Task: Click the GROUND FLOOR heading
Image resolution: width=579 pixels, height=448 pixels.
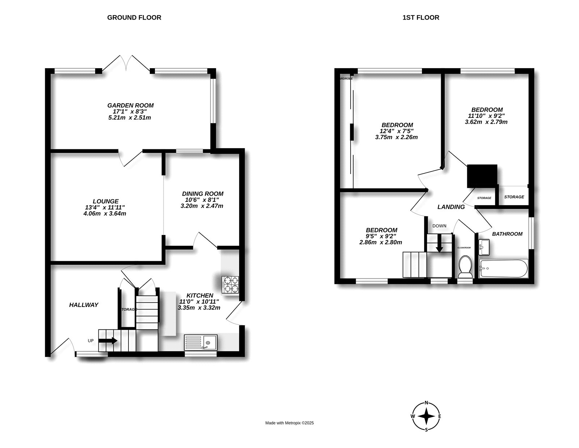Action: (134, 17)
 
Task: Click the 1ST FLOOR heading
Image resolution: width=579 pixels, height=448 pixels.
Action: (421, 17)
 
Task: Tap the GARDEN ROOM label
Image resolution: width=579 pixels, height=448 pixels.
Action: (130, 105)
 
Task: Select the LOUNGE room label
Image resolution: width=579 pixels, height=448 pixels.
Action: (106, 201)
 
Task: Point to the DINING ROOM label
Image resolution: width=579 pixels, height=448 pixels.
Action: (203, 194)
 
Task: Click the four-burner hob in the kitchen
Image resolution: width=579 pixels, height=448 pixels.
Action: (231, 284)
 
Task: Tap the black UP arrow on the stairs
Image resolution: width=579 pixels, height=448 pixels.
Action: (108, 341)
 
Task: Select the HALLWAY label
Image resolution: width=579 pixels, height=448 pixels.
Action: (84, 305)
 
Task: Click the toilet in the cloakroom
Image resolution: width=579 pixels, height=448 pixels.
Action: (465, 266)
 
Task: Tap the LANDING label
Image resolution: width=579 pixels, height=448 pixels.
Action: (451, 207)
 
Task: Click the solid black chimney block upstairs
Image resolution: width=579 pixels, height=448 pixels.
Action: (482, 176)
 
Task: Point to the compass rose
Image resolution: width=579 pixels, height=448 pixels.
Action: (427, 416)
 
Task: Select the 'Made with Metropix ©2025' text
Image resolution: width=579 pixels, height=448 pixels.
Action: (289, 423)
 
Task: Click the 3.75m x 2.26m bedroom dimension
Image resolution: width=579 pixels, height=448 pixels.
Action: (396, 137)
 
